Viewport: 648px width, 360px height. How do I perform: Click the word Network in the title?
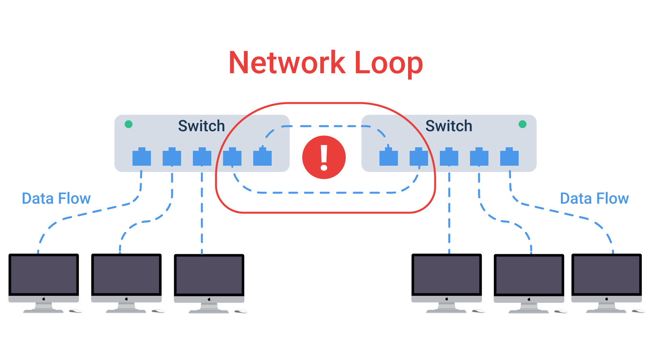click(287, 63)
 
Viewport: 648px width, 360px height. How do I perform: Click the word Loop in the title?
click(388, 63)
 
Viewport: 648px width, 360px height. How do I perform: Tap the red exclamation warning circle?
click(324, 157)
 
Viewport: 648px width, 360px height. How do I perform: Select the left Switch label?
click(201, 126)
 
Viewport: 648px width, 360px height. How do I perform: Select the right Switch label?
click(449, 126)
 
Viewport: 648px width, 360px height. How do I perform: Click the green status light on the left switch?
click(129, 124)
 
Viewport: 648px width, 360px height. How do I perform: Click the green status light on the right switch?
click(523, 124)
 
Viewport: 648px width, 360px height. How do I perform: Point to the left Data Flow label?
click(56, 199)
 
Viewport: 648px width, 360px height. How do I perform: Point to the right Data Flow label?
click(594, 199)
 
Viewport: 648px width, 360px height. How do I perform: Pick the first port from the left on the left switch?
click(142, 157)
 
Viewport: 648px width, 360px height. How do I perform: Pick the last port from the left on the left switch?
click(262, 157)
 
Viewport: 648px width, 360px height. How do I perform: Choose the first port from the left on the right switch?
click(388, 157)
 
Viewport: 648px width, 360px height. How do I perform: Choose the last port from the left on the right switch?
click(509, 157)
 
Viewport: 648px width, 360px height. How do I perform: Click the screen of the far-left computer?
click(44, 275)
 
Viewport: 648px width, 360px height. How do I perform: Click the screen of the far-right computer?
click(606, 275)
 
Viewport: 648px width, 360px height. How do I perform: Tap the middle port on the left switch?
click(202, 157)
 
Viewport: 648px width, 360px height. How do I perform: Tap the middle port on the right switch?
click(449, 157)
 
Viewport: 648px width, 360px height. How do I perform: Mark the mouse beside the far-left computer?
click(75, 311)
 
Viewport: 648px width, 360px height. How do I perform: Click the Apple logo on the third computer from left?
click(209, 299)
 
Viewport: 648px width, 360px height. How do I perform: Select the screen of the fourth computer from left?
click(447, 275)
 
